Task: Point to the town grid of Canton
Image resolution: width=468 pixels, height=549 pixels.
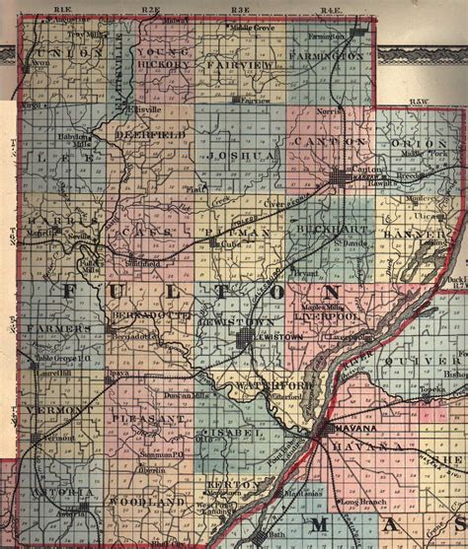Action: (340, 178)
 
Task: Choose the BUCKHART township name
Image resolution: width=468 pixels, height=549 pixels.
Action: (321, 229)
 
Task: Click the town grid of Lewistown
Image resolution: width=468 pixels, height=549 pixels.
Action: (244, 340)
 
